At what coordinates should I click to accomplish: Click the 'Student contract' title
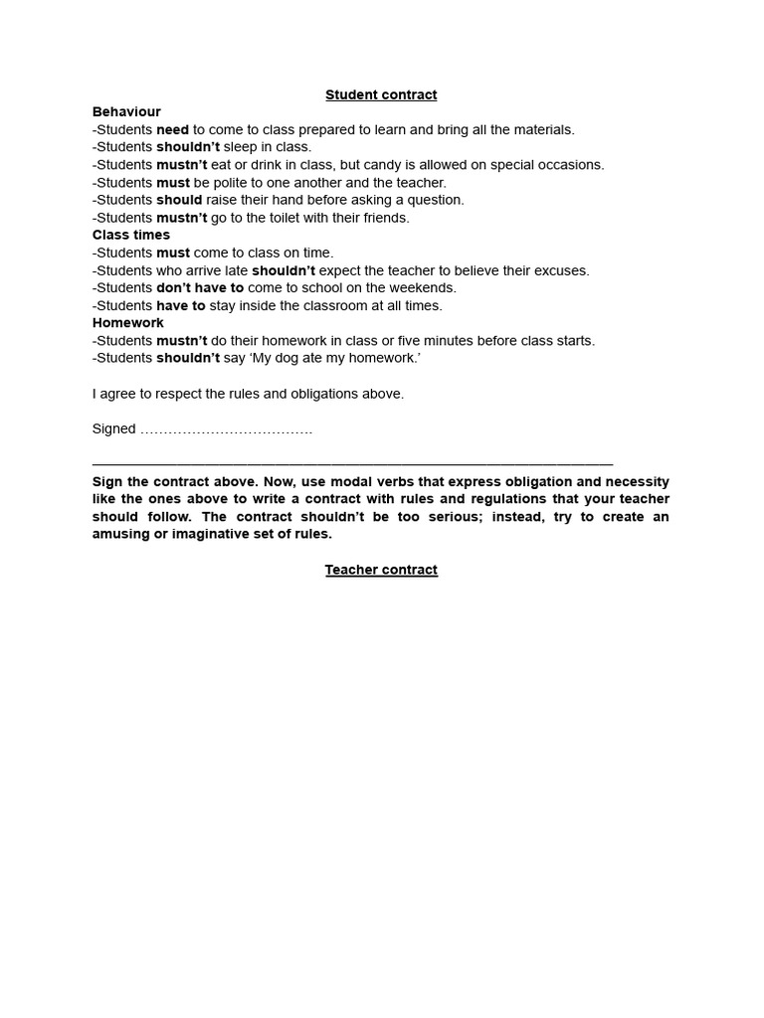(381, 95)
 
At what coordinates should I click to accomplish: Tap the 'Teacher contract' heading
(381, 570)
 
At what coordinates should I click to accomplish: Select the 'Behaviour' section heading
(126, 112)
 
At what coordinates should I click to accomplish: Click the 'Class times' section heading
(131, 236)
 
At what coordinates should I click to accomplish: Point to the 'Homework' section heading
(128, 323)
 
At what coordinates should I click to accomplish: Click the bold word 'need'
(173, 130)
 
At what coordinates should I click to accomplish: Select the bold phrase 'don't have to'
(200, 288)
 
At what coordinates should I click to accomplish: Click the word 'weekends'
(424, 288)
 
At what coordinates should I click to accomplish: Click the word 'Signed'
(113, 429)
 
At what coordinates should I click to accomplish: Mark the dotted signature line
(227, 430)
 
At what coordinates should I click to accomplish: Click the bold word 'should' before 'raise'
(179, 200)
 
